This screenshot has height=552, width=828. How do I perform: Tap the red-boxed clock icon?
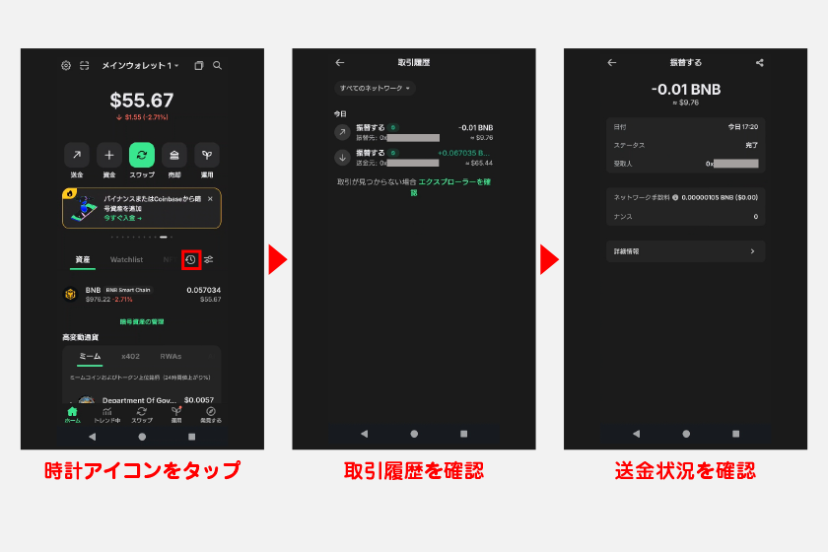pyautogui.click(x=191, y=260)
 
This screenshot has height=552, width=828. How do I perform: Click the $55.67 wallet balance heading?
pyautogui.click(x=142, y=100)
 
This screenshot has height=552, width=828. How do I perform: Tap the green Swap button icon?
pyautogui.click(x=142, y=155)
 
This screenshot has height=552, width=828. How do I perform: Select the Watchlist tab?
pyautogui.click(x=126, y=260)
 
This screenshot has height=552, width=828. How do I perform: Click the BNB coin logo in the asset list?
pyautogui.click(x=71, y=293)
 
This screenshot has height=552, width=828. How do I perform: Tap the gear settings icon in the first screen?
pyautogui.click(x=66, y=65)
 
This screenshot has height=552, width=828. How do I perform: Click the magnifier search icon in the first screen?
pyautogui.click(x=217, y=65)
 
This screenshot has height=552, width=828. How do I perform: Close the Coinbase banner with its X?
pyautogui.click(x=210, y=199)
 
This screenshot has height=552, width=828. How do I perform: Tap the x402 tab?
pyautogui.click(x=130, y=356)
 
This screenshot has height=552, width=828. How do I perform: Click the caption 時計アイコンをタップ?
pyautogui.click(x=142, y=470)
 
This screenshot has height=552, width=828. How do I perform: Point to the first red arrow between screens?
pyautogui.click(x=278, y=260)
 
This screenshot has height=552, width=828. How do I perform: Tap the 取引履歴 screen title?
pyautogui.click(x=413, y=62)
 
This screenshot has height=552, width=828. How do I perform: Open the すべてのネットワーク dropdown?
pyautogui.click(x=376, y=88)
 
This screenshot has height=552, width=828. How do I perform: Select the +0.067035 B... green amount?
pyautogui.click(x=464, y=153)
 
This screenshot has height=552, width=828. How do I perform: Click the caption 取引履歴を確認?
pyautogui.click(x=413, y=470)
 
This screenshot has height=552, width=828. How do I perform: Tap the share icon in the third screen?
pyautogui.click(x=760, y=62)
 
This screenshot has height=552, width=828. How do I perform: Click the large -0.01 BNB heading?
pyautogui.click(x=685, y=89)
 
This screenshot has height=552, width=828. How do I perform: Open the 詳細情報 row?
pyautogui.click(x=685, y=251)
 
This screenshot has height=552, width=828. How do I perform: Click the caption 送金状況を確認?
pyautogui.click(x=685, y=470)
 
